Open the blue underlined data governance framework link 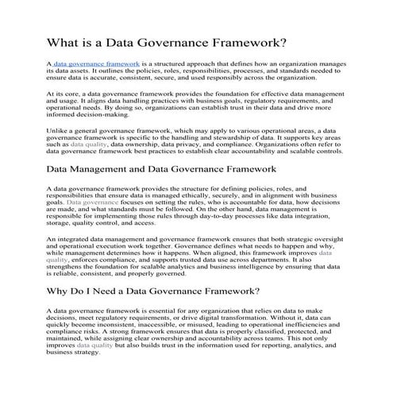pos(97,61)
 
